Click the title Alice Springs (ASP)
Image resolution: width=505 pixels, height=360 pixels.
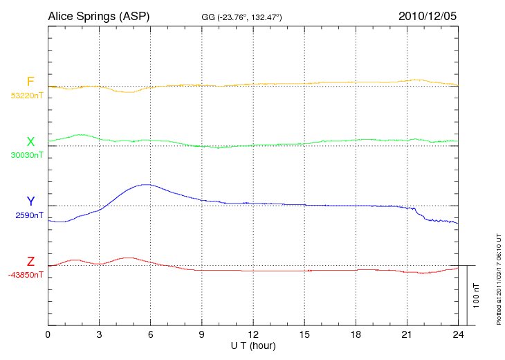click(98, 15)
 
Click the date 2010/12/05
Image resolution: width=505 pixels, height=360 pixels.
click(428, 15)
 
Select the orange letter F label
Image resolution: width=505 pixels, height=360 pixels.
click(30, 82)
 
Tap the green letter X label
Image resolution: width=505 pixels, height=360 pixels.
click(30, 142)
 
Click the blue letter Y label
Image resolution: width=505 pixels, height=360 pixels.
click(30, 201)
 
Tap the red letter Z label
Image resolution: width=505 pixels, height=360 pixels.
click(30, 262)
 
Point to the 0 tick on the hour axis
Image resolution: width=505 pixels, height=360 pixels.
click(48, 334)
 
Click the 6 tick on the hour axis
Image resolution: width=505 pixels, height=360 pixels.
click(150, 334)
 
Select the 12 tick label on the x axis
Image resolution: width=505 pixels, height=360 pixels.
click(252, 334)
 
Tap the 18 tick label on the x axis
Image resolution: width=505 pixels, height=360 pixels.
click(355, 334)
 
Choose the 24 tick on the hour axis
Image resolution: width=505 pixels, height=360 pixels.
click(457, 334)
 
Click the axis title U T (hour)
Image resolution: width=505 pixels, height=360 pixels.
click(252, 345)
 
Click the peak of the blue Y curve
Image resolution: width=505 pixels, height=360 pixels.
click(145, 184)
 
